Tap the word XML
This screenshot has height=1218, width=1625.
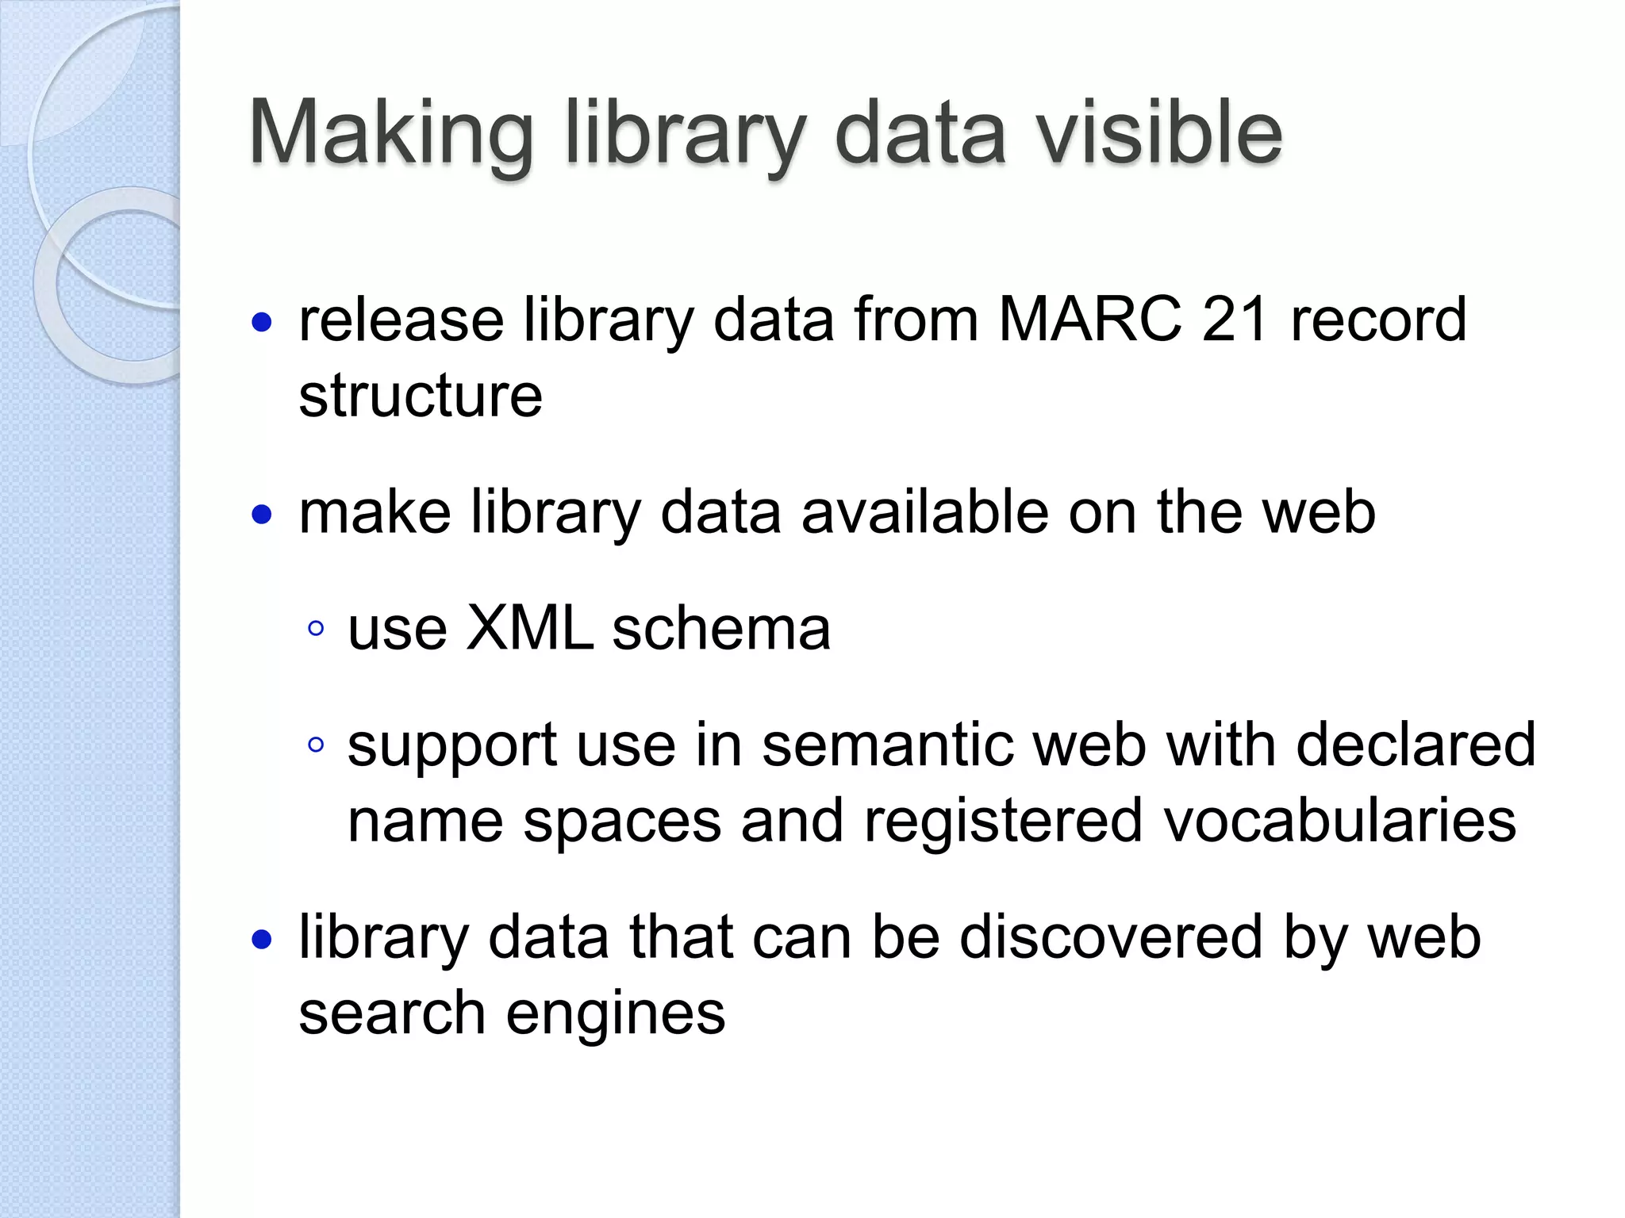[529, 628]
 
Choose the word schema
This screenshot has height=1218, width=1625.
[721, 628]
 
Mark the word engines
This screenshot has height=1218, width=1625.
[616, 1013]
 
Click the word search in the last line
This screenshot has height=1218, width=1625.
[392, 1013]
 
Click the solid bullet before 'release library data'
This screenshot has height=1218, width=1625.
[261, 323]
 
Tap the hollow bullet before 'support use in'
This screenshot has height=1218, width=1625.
[316, 745]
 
